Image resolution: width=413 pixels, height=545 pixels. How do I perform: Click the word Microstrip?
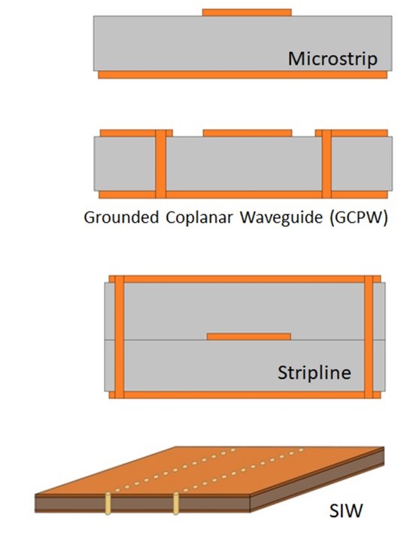tap(333, 59)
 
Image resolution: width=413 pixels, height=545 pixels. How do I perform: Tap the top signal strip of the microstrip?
tap(247, 13)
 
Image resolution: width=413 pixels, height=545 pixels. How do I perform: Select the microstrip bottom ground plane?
tap(242, 75)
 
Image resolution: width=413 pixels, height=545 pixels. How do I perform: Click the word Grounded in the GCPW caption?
tap(121, 218)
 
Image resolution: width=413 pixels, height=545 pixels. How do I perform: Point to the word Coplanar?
tap(199, 218)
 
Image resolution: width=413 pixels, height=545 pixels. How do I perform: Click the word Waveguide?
tap(281, 218)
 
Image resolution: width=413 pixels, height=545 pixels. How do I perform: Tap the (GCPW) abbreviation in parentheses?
tap(359, 218)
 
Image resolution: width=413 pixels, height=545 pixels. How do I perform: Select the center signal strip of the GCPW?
tap(247, 133)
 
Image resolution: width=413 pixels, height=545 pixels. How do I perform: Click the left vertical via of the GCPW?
tap(160, 163)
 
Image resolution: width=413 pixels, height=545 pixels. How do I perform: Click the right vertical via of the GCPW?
tap(326, 163)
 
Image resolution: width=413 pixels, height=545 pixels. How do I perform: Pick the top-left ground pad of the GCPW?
tap(136, 133)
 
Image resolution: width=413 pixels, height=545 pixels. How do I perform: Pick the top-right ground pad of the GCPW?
tap(351, 133)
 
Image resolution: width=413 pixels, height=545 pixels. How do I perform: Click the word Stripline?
tap(314, 373)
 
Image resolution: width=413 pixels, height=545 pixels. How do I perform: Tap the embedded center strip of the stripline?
tap(249, 336)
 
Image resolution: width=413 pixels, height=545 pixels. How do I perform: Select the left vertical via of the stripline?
tap(120, 336)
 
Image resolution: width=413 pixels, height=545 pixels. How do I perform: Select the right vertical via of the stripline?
tap(369, 336)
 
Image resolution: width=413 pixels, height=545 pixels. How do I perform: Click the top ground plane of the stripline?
tap(244, 279)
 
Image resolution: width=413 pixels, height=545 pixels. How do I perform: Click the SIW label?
tap(346, 510)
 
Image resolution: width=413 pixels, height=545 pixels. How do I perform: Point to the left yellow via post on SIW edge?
tap(108, 504)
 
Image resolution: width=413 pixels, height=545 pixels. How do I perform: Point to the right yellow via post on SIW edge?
tap(176, 504)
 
